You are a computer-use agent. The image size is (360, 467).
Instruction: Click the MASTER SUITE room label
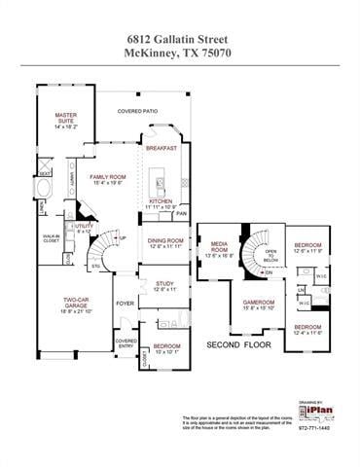(x=64, y=119)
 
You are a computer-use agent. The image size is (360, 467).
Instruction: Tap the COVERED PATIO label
(x=138, y=111)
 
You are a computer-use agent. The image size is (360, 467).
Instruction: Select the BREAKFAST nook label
(x=162, y=148)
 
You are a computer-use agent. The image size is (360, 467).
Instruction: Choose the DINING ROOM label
(x=164, y=242)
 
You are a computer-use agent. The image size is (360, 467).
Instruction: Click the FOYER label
(x=126, y=304)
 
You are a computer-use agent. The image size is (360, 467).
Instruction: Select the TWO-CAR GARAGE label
(x=77, y=304)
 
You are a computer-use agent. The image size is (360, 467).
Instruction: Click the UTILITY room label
(x=84, y=227)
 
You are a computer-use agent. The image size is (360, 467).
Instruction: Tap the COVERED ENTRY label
(x=126, y=343)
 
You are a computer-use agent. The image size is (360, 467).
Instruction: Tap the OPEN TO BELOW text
(x=270, y=256)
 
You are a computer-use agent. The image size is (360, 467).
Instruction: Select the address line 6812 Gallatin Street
(x=180, y=36)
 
